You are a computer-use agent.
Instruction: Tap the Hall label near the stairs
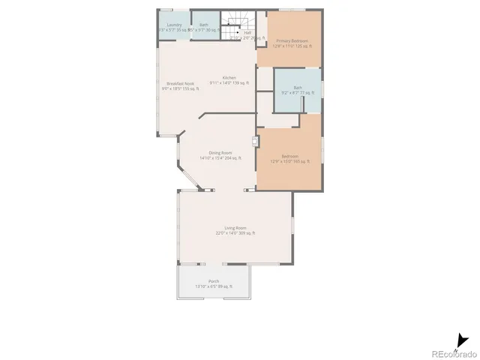[247, 32]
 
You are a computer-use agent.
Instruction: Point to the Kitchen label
[229, 78]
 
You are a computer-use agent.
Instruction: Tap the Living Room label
[235, 228]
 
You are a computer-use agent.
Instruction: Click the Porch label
[214, 281]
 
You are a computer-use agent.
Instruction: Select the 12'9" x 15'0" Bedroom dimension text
[289, 161]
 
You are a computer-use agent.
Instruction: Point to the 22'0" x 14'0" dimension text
[235, 233]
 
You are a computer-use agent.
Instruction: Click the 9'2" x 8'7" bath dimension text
[298, 93]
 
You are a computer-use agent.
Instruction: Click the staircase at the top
[238, 22]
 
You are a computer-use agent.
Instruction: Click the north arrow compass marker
[460, 341]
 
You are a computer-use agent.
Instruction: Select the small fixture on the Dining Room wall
[256, 139]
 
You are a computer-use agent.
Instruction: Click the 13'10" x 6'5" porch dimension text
[214, 286]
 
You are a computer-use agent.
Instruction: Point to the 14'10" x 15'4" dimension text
[220, 158]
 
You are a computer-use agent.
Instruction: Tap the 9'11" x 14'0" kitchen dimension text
[229, 83]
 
